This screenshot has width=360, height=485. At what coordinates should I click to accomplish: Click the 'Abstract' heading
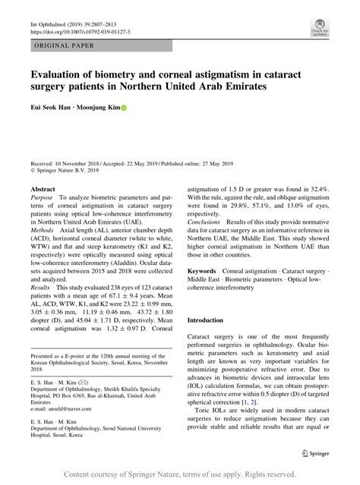43,187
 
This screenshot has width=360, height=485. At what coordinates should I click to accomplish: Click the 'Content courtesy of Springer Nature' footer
180,474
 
